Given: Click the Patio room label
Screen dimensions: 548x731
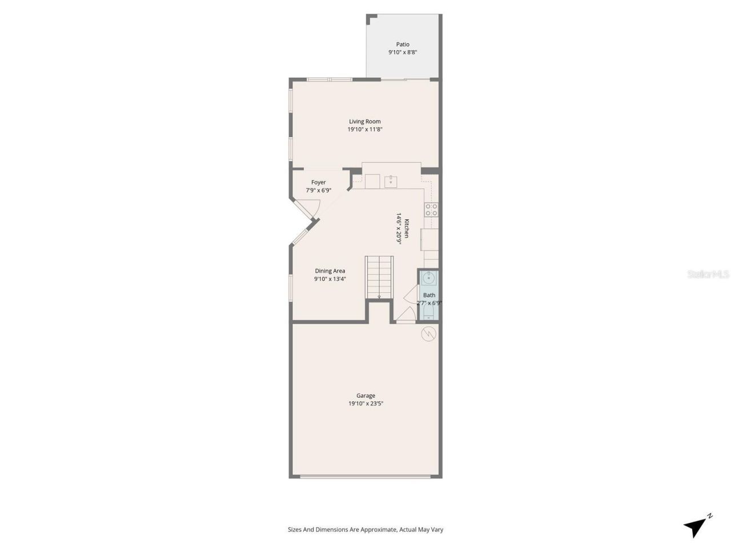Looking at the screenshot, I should coord(403,45).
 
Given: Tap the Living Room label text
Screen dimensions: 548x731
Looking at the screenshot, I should coord(365,121).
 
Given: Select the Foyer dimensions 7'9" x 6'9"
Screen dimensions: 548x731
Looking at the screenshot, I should coord(319,191).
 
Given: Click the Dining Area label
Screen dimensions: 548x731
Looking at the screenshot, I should coord(330,271).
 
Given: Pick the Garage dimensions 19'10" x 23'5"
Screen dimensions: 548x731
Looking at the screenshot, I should coord(365,404).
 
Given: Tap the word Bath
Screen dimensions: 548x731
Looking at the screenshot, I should coord(429,295).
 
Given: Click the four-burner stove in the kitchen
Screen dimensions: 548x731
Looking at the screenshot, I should coord(431,209).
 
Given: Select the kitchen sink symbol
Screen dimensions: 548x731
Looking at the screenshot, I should coord(391,182).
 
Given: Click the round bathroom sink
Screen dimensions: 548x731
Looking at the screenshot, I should coord(428,279).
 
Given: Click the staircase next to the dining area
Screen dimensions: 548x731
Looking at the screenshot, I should coord(379,276).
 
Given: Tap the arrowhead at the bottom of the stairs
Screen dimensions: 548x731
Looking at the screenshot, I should coord(379,297).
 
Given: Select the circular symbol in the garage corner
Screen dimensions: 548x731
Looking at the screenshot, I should coord(428,333).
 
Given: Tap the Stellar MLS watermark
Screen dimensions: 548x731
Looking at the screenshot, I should coord(708,275).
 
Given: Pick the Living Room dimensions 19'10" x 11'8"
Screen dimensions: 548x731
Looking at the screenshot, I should coord(365,130).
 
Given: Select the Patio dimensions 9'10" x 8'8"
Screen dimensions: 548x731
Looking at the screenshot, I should coord(403,53).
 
